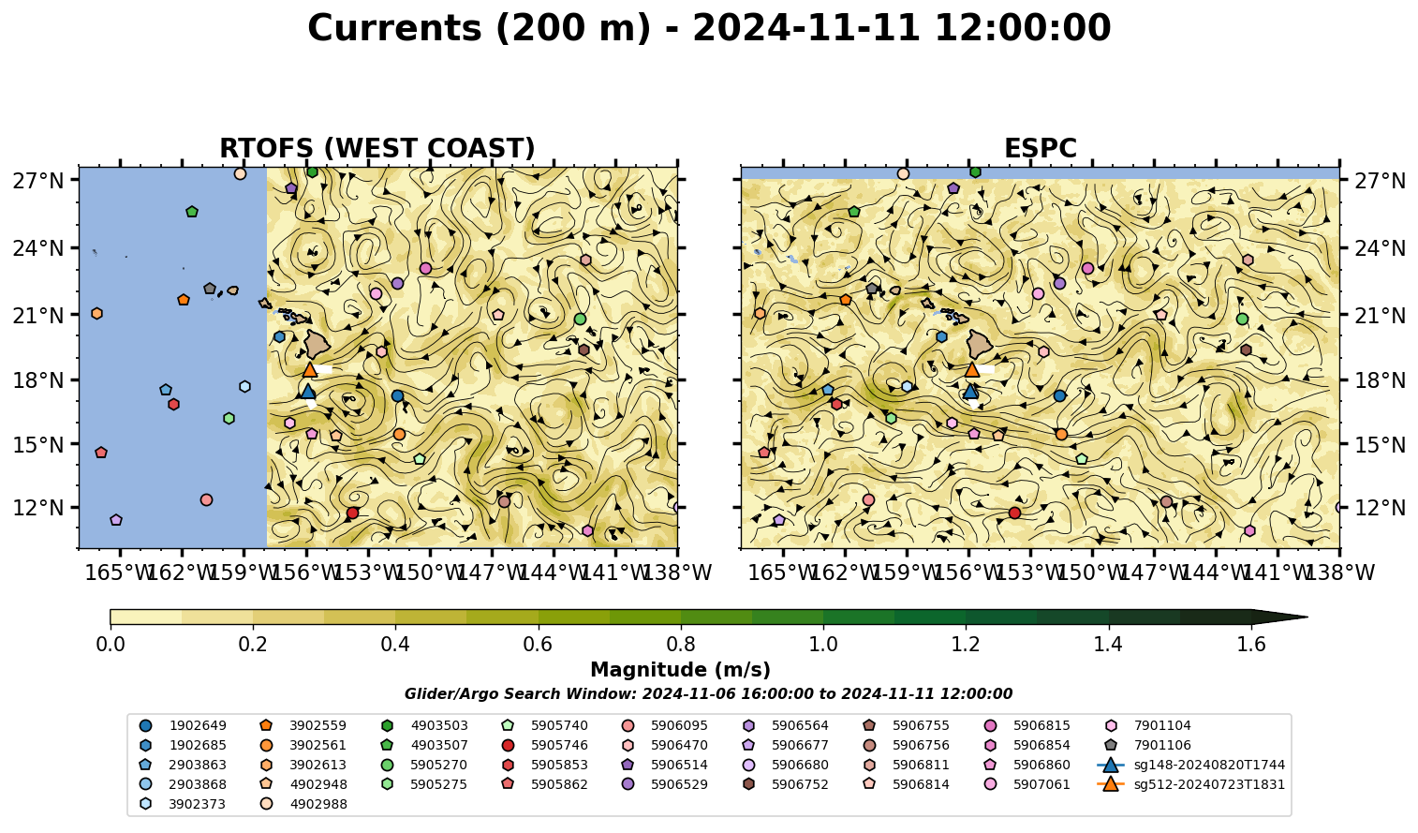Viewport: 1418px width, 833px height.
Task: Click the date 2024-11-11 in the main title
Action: click(806, 28)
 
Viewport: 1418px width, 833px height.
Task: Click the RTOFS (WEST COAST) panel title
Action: click(377, 148)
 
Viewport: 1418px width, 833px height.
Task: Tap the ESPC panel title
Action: click(1040, 148)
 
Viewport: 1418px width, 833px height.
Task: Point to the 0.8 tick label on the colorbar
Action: click(681, 645)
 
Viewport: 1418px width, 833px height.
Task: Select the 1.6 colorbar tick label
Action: click(1251, 645)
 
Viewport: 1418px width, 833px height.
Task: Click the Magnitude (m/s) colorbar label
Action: click(681, 670)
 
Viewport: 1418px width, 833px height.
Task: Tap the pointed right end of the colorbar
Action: click(1307, 617)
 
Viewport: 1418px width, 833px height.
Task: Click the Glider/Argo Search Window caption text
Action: click(708, 693)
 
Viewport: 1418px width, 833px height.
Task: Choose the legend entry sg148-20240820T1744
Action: click(1190, 765)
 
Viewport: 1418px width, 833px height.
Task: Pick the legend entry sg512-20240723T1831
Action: click(1190, 784)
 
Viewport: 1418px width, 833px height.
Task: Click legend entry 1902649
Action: click(183, 725)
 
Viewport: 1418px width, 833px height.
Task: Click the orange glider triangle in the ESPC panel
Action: click(971, 369)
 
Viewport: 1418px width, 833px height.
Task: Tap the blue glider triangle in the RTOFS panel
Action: click(308, 392)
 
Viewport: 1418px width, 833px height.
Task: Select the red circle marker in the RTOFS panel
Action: click(352, 513)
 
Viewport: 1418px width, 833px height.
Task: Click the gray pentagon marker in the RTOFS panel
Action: click(210, 289)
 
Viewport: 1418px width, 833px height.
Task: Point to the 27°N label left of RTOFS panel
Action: click(38, 181)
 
